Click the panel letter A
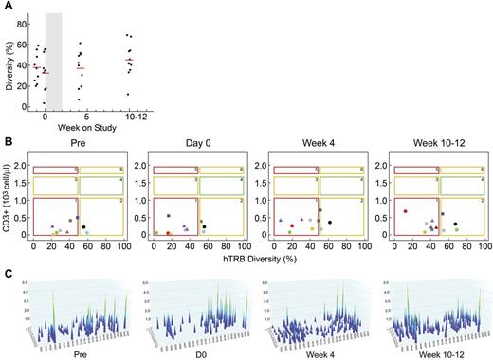(6, 5)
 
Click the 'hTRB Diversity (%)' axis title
(247, 254)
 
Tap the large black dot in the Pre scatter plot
(83, 226)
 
